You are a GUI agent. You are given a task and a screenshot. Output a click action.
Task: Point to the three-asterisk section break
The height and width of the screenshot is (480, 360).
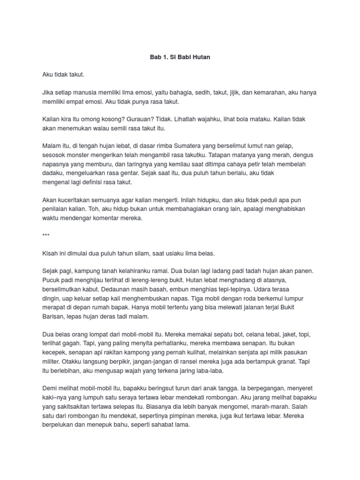pyautogui.click(x=45, y=235)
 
